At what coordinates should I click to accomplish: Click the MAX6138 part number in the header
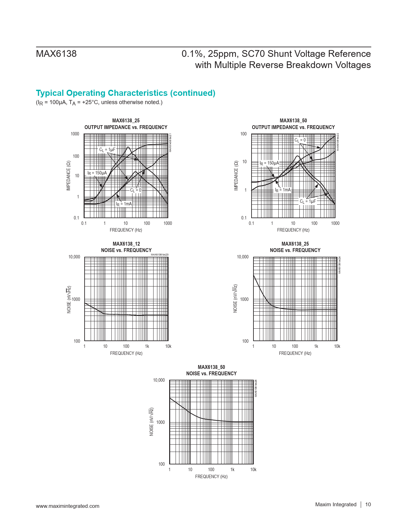(56, 54)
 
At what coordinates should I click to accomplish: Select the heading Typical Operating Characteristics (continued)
(125, 93)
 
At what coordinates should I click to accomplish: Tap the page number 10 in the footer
(368, 504)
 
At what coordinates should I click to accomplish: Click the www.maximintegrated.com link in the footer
(67, 506)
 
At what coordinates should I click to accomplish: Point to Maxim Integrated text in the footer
(335, 504)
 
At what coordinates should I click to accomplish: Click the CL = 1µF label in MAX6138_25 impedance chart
(107, 149)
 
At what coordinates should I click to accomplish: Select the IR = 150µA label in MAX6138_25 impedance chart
(97, 173)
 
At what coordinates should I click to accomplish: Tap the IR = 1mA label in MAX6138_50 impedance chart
(283, 190)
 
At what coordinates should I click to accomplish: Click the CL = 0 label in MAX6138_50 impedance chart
(300, 140)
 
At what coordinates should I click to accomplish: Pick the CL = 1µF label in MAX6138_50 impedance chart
(307, 202)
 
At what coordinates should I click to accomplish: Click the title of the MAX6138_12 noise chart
(126, 247)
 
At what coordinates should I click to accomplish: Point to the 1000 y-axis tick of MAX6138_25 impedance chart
(75, 134)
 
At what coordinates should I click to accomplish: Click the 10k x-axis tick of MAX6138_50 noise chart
(253, 470)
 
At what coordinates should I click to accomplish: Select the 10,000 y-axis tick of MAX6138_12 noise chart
(74, 257)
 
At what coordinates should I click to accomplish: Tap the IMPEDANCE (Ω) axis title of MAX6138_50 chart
(236, 176)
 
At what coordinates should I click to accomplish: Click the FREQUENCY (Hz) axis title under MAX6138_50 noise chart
(211, 477)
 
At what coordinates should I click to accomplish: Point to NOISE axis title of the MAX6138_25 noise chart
(235, 298)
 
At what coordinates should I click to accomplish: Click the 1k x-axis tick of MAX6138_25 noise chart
(316, 346)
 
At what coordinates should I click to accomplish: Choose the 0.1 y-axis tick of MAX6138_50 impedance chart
(244, 218)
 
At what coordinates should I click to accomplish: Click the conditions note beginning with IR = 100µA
(99, 103)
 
